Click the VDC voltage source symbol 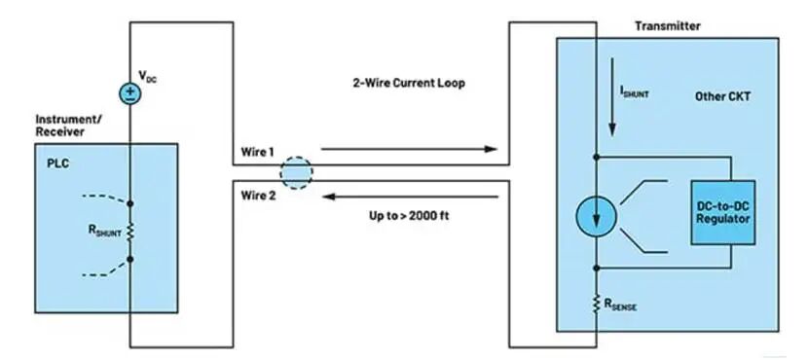click(x=129, y=93)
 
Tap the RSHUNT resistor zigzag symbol click(x=129, y=232)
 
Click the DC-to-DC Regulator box click(x=723, y=212)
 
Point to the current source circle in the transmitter click(x=596, y=216)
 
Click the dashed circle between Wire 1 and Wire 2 click(x=296, y=173)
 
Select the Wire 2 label click(x=258, y=196)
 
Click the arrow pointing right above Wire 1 click(x=409, y=150)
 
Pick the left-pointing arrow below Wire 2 click(x=410, y=197)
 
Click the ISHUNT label click(x=635, y=91)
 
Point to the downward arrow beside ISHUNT click(x=612, y=97)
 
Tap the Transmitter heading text click(x=667, y=25)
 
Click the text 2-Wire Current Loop click(x=409, y=83)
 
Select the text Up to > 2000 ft click(x=409, y=215)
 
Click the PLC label click(x=57, y=163)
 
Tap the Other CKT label click(x=722, y=96)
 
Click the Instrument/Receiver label click(x=68, y=126)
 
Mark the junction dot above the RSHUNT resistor click(x=129, y=204)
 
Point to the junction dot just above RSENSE click(x=597, y=268)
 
